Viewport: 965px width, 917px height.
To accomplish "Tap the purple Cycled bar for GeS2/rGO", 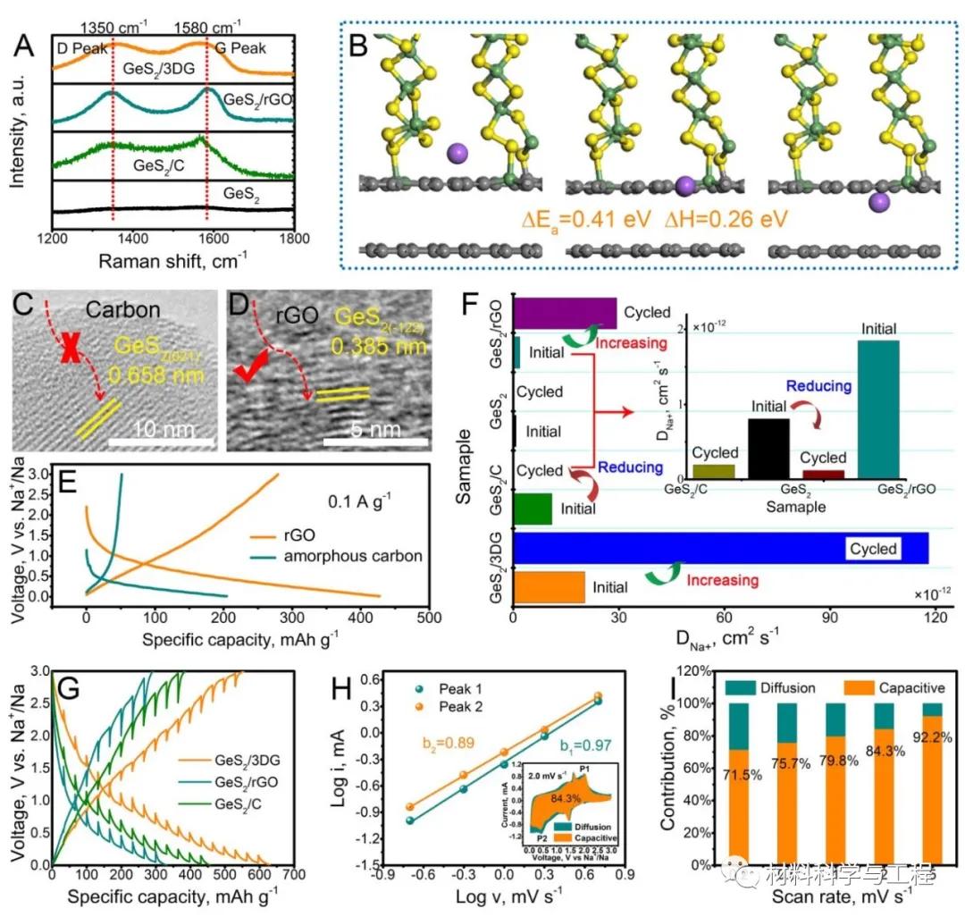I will click(x=564, y=313).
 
